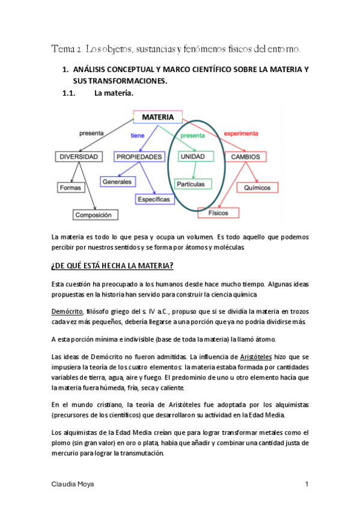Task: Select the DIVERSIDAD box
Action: point(78,157)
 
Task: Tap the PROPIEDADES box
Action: point(139,157)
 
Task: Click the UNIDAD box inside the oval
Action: point(196,157)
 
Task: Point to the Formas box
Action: point(70,188)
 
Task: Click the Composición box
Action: point(96,215)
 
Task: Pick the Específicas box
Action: point(153,199)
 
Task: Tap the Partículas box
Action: point(190,183)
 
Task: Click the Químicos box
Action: point(257,188)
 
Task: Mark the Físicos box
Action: point(218,213)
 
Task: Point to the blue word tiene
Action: point(138,136)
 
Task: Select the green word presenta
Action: point(192,136)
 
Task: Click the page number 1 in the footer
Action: point(307,484)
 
